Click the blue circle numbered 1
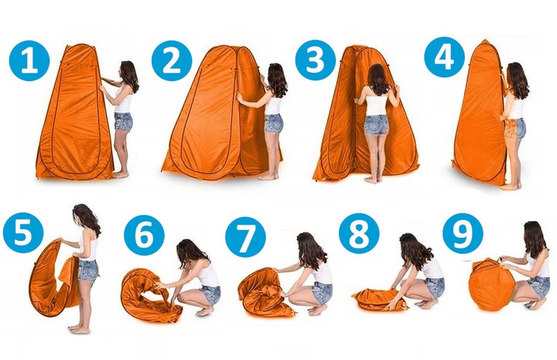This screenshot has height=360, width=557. tap(29, 60)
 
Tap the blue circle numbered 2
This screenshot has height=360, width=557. tap(172, 60)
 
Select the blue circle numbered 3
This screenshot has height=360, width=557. tap(316, 60)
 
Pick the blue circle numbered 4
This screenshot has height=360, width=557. tap(445, 57)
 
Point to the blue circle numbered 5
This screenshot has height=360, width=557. tap(23, 232)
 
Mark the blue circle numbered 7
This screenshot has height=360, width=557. tap(245, 237)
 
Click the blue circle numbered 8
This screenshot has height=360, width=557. tap(359, 233)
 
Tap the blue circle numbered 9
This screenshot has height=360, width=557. tap(463, 233)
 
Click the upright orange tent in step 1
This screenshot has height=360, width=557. tap(74, 114)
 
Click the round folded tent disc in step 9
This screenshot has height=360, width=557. tap(490, 284)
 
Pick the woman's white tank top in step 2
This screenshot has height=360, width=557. tap(274, 103)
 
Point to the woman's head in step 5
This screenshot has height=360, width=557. tap(84, 216)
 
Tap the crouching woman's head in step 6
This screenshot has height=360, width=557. tap(188, 252)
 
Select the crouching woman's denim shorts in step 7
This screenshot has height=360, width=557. tap(322, 293)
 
